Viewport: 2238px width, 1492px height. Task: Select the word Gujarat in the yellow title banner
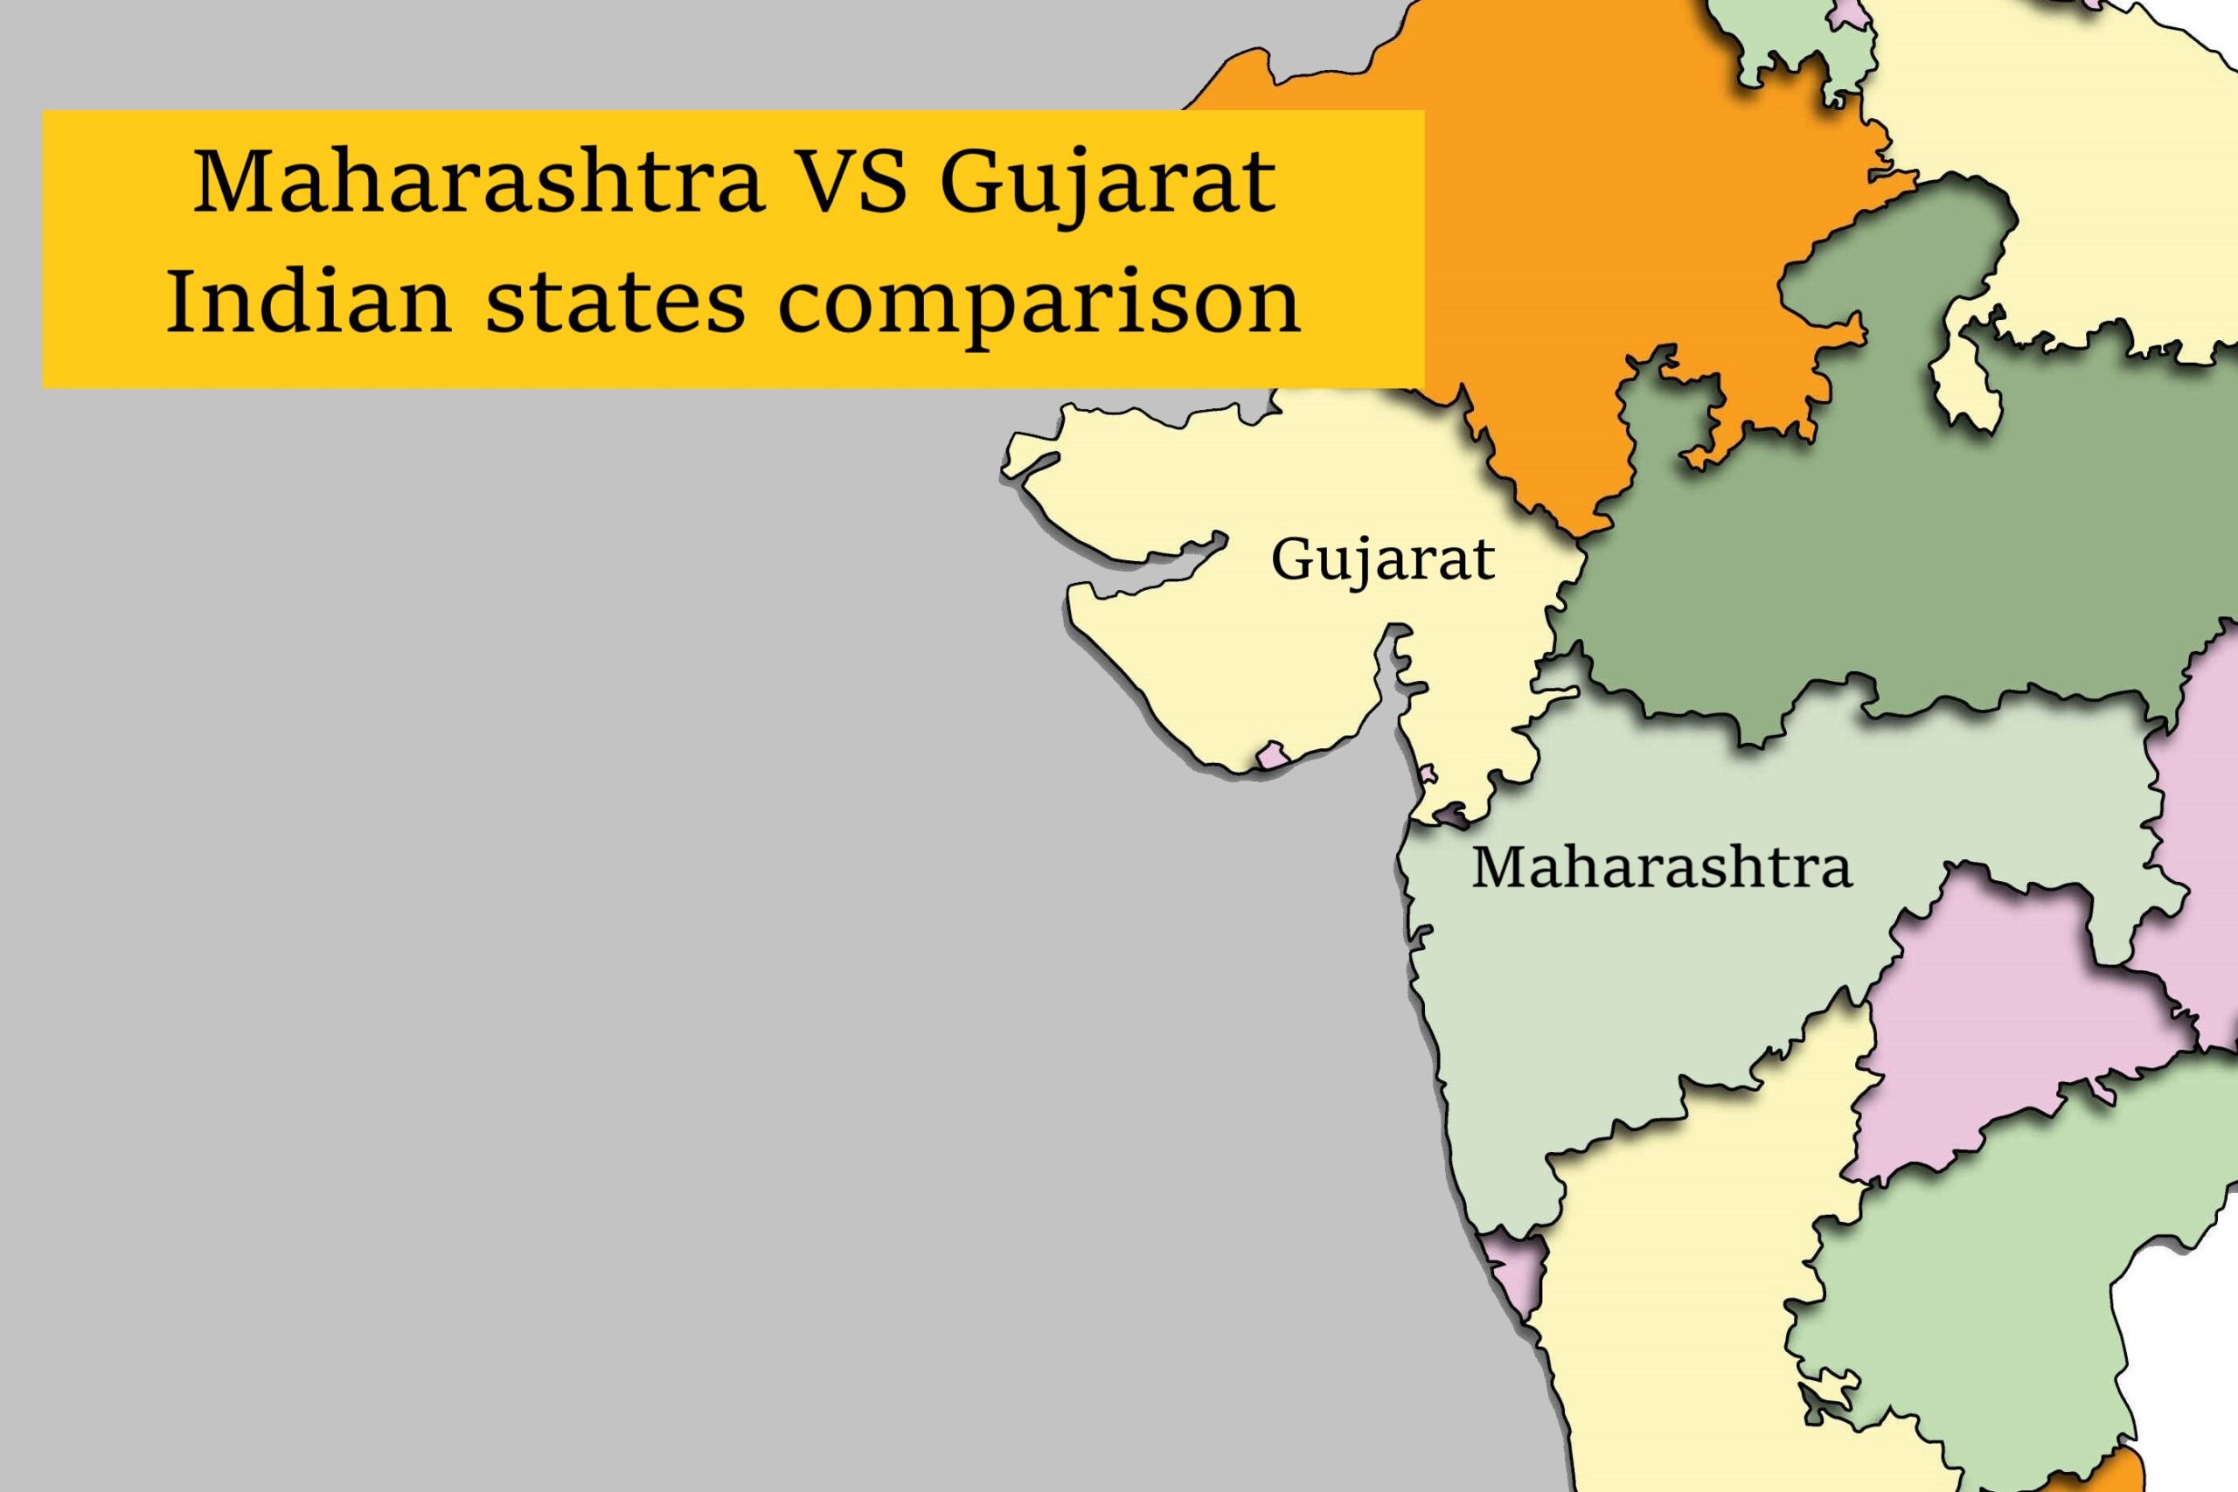point(1108,183)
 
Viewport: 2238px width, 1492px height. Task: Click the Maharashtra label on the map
point(1661,868)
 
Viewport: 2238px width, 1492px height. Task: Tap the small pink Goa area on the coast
point(1513,1270)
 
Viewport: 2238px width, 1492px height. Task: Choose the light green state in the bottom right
point(1998,1313)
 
